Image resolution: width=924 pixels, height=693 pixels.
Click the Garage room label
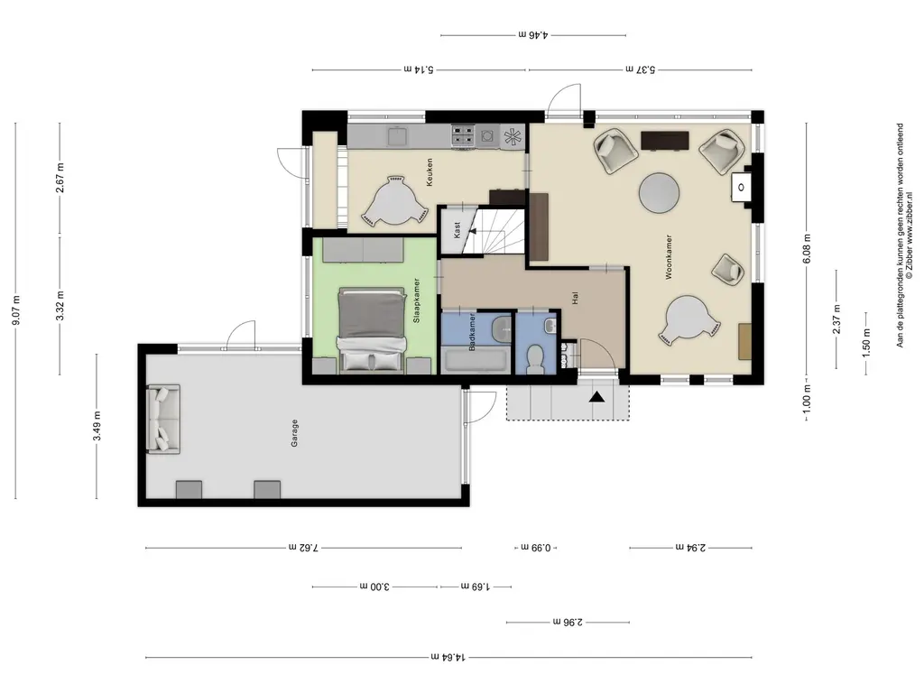[294, 433]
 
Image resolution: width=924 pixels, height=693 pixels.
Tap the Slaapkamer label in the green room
[417, 300]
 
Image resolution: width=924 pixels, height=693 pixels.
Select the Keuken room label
[429, 172]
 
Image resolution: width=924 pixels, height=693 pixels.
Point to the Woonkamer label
[669, 257]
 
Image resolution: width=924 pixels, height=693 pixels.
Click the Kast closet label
[457, 230]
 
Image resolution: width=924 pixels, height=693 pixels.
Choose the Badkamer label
[472, 332]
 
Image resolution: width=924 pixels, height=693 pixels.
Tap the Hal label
[575, 298]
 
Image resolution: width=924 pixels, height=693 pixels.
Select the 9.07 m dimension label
[16, 310]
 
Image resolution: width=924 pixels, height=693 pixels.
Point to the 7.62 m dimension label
[303, 548]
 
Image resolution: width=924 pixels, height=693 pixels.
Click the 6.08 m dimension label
[807, 249]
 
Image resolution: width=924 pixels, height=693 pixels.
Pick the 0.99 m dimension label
[536, 548]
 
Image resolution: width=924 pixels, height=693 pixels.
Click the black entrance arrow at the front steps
[597, 397]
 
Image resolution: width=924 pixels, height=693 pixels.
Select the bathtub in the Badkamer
[476, 361]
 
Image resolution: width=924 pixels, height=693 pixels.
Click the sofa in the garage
[163, 419]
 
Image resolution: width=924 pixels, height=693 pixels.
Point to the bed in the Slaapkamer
[371, 330]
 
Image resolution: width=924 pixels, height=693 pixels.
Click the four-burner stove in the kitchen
[463, 136]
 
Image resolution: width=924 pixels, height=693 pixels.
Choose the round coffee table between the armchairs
[660, 193]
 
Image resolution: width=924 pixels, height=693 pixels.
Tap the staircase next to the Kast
[494, 230]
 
